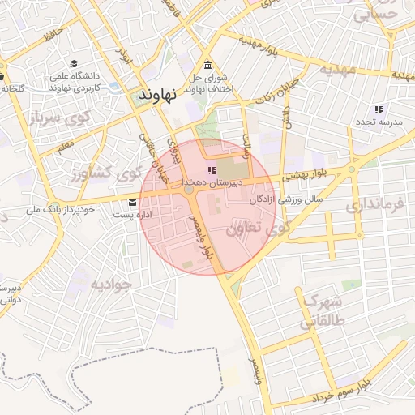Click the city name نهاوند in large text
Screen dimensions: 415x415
click(x=158, y=95)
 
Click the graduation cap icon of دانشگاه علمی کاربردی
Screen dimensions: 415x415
click(x=74, y=63)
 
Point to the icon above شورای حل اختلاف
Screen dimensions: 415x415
click(x=208, y=65)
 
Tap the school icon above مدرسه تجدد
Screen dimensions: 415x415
click(x=378, y=109)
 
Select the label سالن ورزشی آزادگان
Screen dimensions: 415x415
click(x=286, y=198)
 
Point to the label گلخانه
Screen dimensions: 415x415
click(x=12, y=88)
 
